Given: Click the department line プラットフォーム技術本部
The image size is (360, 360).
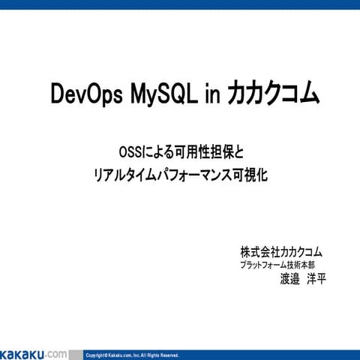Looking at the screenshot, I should [x=277, y=265].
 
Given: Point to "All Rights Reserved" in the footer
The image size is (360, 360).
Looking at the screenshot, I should [x=160, y=355].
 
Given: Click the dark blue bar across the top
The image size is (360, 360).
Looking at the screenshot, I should [x=180, y=4].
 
